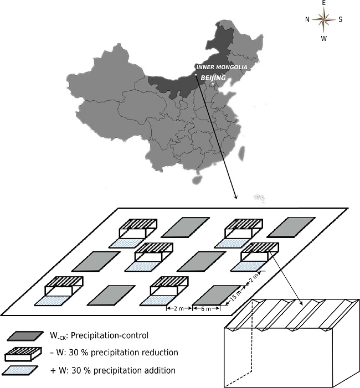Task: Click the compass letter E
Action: [324, 3]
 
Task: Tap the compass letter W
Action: [324, 38]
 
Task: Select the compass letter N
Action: [307, 19]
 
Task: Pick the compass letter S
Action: [340, 19]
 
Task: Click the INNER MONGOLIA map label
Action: [222, 67]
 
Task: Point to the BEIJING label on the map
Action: [213, 79]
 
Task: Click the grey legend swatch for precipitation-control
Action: [25, 335]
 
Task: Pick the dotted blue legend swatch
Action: [23, 370]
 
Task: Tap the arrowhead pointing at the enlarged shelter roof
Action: [299, 303]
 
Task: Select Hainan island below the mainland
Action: [196, 179]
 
